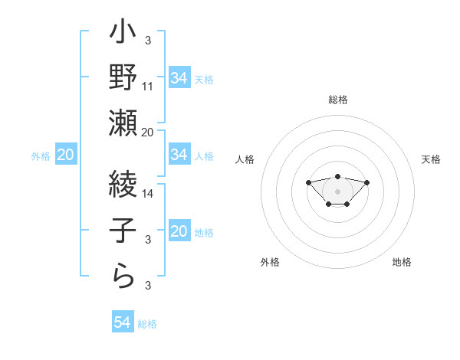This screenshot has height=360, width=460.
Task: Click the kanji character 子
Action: (x=123, y=229)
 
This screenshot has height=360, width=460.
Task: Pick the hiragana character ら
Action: (x=123, y=274)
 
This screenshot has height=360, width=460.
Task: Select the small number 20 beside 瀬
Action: (x=148, y=132)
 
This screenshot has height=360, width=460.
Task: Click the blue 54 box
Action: (x=122, y=322)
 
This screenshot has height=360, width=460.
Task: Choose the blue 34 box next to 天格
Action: (x=179, y=78)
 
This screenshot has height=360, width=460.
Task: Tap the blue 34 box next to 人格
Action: (x=179, y=155)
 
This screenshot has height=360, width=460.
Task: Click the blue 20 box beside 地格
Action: (x=179, y=232)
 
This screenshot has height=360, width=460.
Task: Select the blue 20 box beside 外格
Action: (x=65, y=155)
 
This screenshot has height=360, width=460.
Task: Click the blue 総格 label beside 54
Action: (x=147, y=324)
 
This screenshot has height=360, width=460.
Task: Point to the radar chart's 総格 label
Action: (x=337, y=100)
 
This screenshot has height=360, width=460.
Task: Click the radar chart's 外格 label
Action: (x=270, y=262)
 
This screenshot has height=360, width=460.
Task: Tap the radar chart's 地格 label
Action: (x=402, y=262)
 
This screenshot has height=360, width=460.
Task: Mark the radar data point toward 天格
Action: (x=367, y=182)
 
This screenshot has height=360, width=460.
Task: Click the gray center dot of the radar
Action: (x=337, y=191)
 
